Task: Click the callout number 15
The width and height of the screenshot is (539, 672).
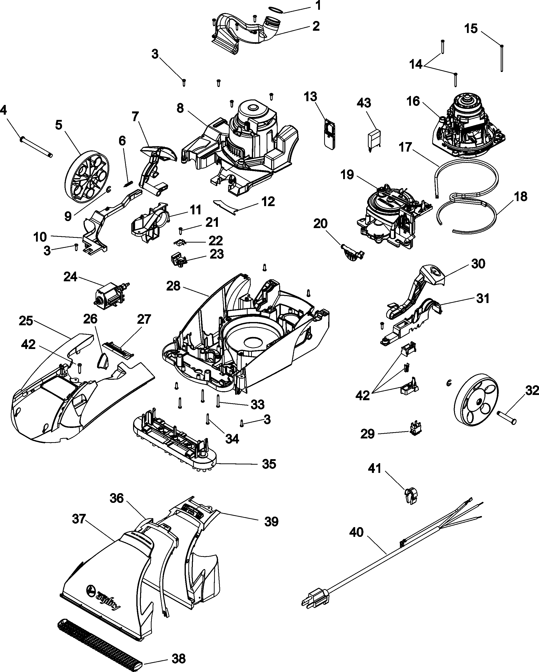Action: point(471,29)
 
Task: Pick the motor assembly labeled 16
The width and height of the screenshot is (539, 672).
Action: point(468,129)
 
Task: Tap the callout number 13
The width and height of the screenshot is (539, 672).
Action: point(311,97)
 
